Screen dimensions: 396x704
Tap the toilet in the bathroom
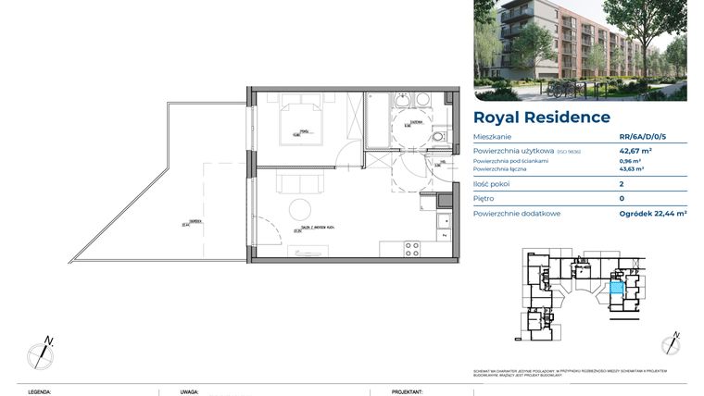click(x=436, y=136)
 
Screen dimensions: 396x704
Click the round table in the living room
click(x=300, y=208)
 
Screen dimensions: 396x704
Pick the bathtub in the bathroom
click(x=378, y=120)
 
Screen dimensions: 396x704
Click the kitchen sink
click(x=443, y=224)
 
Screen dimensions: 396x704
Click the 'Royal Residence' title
click(x=542, y=118)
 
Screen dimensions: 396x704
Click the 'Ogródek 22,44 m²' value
click(x=653, y=214)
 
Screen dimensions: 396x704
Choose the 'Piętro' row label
click(x=484, y=199)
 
